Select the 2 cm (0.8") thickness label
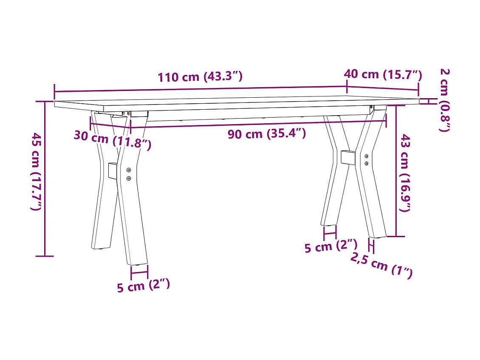click(444, 100)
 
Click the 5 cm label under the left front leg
click(144, 286)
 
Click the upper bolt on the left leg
click(129, 170)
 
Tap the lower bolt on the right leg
click(367, 163)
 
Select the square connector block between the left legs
click(113, 170)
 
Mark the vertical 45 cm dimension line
click(45, 179)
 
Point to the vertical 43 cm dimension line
click(396, 170)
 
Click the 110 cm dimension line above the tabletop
click(200, 89)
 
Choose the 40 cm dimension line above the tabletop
click(382, 87)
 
